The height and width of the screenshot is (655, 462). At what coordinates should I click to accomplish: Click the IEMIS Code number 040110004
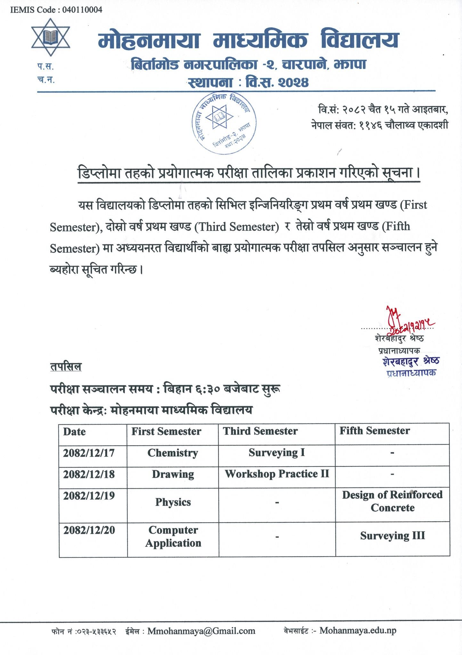tap(82, 10)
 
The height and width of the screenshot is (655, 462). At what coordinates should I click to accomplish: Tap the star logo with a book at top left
tap(51, 36)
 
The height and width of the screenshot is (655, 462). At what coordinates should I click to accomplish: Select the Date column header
tap(74, 432)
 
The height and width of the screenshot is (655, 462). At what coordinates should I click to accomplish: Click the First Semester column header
tap(166, 431)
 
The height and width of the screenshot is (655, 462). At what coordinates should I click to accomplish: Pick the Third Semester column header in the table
tap(260, 431)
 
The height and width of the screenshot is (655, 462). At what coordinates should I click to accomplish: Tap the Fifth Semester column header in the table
tap(374, 431)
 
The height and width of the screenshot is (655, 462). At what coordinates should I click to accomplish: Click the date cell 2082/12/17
tap(89, 453)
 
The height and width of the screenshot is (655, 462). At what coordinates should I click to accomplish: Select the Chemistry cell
tap(173, 453)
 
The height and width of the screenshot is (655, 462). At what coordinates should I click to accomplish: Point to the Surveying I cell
tap(277, 453)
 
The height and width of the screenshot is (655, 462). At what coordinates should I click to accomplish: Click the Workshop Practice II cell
tap(277, 474)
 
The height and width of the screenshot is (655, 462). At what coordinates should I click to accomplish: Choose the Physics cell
tap(173, 502)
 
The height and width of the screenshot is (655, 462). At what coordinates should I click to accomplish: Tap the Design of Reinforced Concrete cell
tap(392, 501)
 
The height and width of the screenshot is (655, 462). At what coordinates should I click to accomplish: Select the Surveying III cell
tap(392, 536)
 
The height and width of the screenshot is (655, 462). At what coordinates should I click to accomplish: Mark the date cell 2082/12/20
tap(89, 530)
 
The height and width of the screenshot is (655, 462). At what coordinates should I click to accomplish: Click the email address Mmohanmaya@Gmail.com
tap(201, 631)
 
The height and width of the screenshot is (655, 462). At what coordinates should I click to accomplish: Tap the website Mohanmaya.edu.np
tap(358, 631)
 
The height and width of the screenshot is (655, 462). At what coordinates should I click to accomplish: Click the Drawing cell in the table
tap(173, 474)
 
